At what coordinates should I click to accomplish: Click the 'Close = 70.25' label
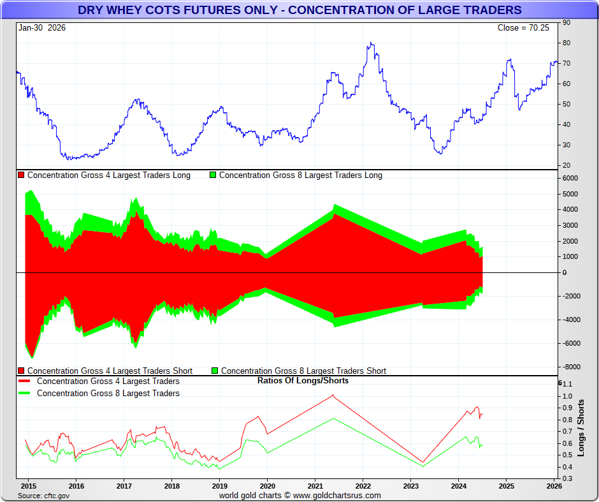[523, 27]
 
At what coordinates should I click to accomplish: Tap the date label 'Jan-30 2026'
[42, 27]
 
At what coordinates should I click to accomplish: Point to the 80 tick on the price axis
[566, 43]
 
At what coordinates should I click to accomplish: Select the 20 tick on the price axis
[566, 165]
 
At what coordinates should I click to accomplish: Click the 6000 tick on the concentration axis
[570, 179]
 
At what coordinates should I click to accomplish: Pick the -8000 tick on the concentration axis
[569, 367]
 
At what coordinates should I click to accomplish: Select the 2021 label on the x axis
[315, 485]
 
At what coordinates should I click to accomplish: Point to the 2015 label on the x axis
[27, 485]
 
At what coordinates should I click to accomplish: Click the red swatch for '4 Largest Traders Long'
[21, 175]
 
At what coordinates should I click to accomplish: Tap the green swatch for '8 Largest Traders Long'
[213, 175]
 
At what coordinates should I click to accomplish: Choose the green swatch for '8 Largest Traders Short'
[215, 371]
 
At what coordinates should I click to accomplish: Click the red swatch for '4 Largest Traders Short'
[21, 371]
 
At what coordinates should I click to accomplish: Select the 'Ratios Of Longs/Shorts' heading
[303, 381]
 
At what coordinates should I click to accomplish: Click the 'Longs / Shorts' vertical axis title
[581, 427]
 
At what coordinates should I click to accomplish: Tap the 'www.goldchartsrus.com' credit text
[337, 496]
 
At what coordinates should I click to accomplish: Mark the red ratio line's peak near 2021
[333, 395]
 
